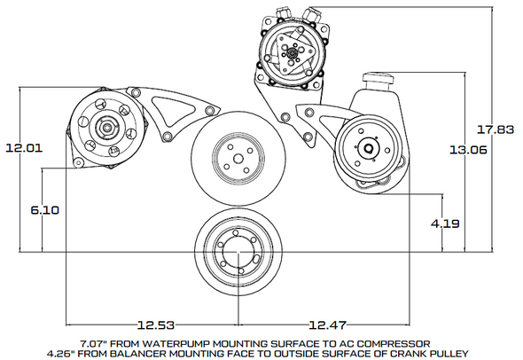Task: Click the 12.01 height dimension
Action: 23,148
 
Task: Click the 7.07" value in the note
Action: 94,341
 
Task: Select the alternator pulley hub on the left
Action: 105,127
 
